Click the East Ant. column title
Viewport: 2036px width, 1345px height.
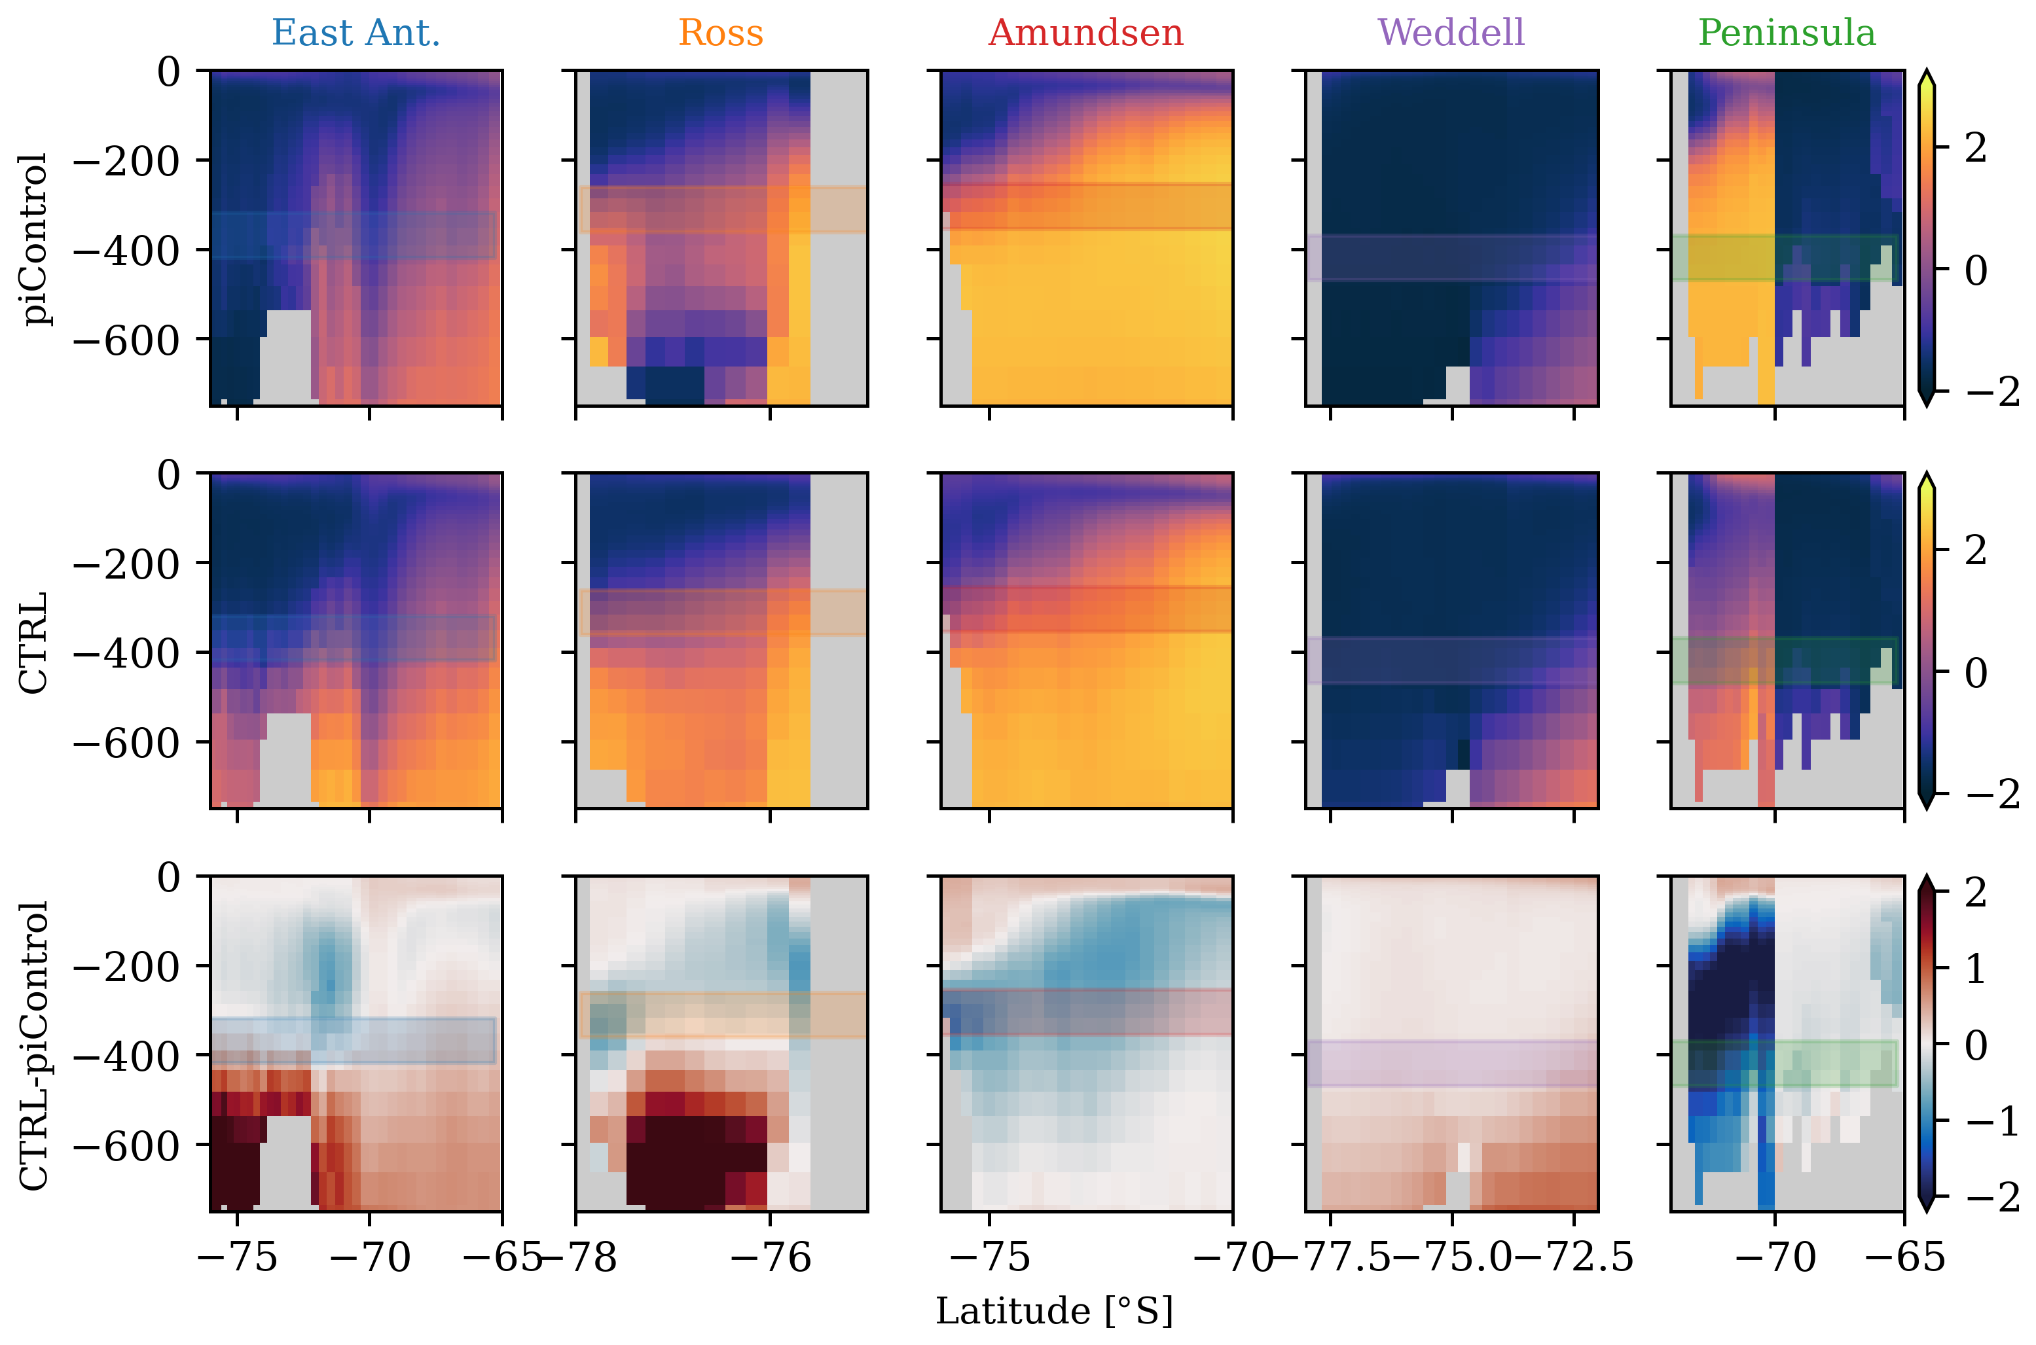355,33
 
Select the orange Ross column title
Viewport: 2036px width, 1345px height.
720,33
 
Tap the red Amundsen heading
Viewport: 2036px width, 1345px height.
1085,33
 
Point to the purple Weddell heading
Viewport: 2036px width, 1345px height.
1451,33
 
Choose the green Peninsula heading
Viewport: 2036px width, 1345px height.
1787,33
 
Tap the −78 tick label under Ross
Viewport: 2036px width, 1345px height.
580,1257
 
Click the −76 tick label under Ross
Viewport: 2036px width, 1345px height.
771,1257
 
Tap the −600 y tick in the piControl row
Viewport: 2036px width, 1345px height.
126,340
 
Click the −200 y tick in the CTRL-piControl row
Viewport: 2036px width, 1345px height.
126,967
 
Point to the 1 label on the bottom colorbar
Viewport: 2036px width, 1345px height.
1976,969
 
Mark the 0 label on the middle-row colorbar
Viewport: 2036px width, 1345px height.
1976,673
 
